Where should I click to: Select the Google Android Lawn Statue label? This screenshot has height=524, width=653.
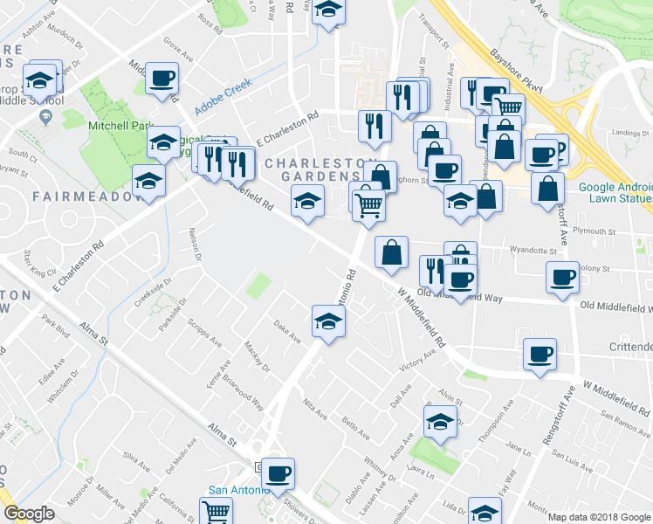point(614,192)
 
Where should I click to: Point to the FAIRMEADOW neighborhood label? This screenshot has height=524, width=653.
point(88,196)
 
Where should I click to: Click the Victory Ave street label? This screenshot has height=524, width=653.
point(417,362)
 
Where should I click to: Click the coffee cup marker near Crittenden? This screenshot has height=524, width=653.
point(540,355)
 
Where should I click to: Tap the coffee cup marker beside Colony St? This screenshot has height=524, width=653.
point(562,277)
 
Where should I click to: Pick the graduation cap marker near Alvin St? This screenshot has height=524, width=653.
point(441,423)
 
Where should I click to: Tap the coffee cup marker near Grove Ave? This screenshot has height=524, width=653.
point(162,79)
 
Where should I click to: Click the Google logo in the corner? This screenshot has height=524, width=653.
point(29,514)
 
